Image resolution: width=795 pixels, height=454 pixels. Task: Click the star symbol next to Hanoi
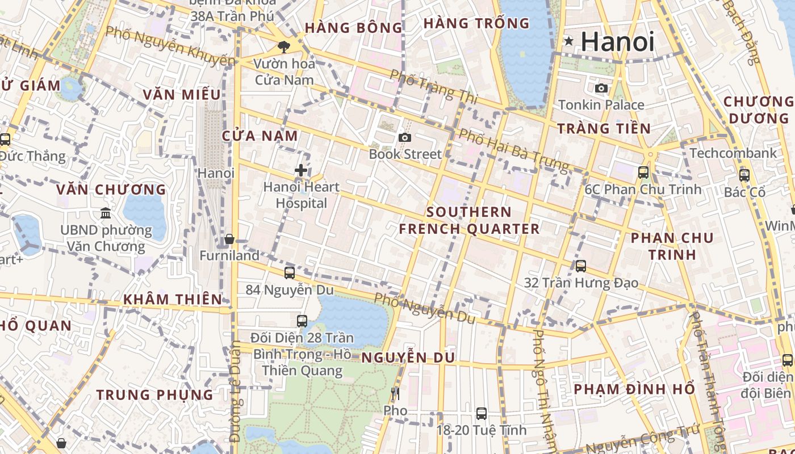coord(568,41)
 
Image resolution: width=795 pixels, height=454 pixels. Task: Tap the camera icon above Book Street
coord(404,137)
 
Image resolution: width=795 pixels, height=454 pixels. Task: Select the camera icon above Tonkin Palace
coord(601,88)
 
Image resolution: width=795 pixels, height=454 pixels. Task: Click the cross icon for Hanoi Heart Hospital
coord(301,170)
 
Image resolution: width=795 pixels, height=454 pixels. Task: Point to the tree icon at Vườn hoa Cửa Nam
coord(283,47)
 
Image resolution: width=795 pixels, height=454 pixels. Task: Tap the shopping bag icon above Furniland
coord(229,239)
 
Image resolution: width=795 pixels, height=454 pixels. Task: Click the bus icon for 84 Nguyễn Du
coord(290,273)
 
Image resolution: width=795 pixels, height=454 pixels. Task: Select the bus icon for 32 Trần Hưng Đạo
coord(580,266)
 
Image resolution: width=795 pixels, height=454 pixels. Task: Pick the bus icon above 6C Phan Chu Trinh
coord(643,173)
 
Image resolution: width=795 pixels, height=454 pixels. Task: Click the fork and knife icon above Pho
coord(395,393)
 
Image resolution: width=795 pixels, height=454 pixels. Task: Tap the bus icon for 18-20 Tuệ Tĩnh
coord(481,414)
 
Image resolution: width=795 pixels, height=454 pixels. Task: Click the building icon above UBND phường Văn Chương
coord(106,213)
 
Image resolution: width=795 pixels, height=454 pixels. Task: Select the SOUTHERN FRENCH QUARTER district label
coord(469,220)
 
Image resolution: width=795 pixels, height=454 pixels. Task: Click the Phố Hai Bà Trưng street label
coord(513,150)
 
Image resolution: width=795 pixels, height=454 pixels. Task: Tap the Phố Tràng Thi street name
coord(433,86)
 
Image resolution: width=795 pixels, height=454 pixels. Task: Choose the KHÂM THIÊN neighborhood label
coord(173,299)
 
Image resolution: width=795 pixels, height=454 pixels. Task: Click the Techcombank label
coord(733,153)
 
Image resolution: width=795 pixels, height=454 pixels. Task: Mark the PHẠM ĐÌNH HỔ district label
coord(634,389)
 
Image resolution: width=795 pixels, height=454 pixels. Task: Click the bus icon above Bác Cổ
coord(744,175)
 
